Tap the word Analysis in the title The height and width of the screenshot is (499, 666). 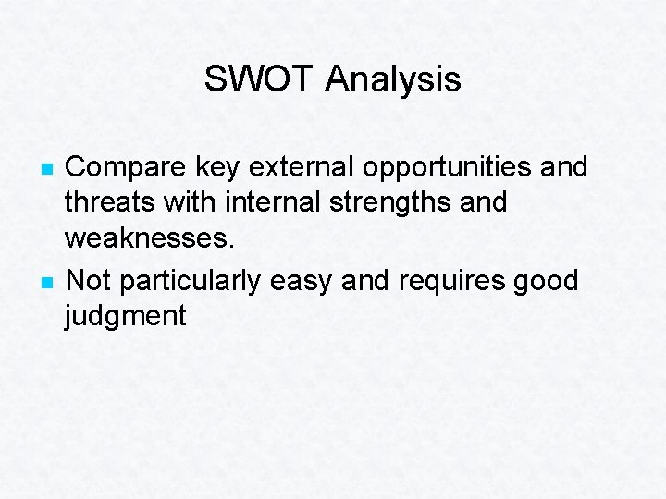pyautogui.click(x=393, y=79)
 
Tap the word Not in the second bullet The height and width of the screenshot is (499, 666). pyautogui.click(x=90, y=279)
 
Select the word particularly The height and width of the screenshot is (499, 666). pyautogui.click(x=191, y=281)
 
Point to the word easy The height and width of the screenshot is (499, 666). pyautogui.click(x=302, y=281)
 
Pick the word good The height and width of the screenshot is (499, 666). pyautogui.click(x=542, y=281)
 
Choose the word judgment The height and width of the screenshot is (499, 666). pyautogui.click(x=125, y=317)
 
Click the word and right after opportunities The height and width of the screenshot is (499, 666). pyautogui.click(x=560, y=167)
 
